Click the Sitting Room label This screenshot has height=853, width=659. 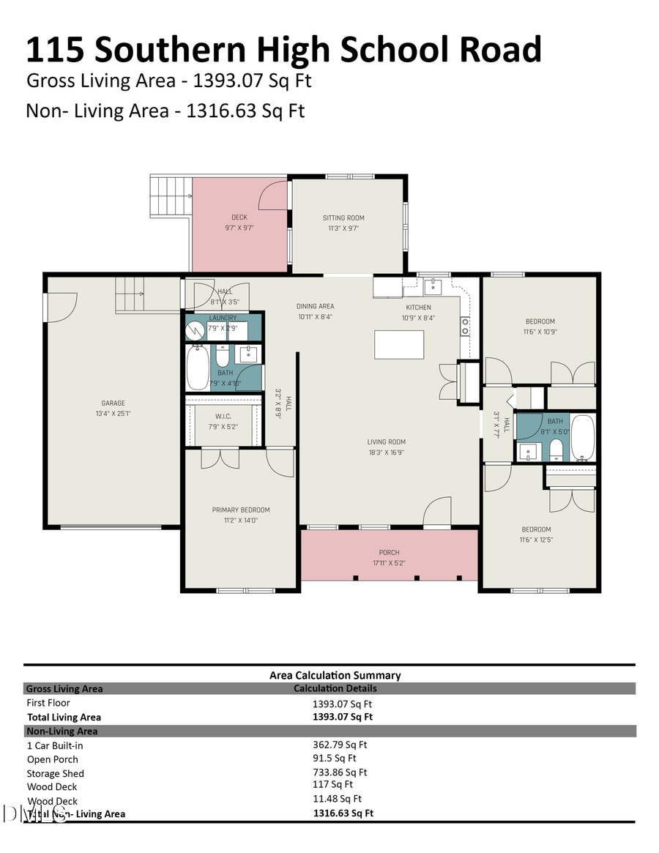343,217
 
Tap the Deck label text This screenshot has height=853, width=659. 239,217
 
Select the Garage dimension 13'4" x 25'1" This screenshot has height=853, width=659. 113,413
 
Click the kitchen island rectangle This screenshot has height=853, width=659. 399,344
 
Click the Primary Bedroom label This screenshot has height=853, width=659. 241,510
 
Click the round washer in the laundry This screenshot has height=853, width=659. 195,331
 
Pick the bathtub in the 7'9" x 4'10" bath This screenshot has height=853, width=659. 198,368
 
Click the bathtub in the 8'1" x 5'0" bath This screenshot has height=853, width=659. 583,437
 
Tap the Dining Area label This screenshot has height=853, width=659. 316,307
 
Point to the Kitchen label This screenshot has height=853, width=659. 418,308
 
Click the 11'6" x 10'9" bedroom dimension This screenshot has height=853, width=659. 540,332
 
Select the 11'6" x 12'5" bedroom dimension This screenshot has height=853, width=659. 536,540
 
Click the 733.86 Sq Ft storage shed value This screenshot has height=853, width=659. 340,772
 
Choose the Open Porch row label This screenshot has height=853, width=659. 52,759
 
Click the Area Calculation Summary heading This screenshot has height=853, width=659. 335,675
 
